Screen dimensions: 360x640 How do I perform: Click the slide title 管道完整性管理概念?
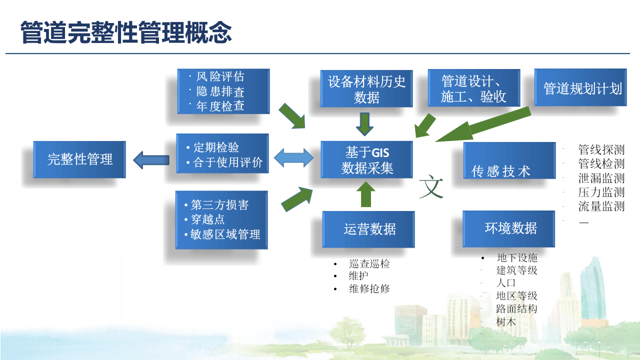(126, 32)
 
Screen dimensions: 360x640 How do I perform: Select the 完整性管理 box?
(79, 159)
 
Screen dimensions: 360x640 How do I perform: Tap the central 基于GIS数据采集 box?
(366, 160)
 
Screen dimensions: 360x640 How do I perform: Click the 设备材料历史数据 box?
(366, 88)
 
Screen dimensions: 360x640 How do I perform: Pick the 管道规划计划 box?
(580, 87)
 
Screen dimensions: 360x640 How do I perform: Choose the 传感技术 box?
(509, 160)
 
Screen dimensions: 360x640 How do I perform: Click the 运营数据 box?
(368, 229)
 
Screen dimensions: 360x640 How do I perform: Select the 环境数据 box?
(509, 228)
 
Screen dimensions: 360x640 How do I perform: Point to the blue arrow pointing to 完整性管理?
(151, 160)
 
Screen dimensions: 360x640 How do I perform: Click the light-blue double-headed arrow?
(294, 158)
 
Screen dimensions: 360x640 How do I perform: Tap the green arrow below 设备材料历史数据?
(364, 123)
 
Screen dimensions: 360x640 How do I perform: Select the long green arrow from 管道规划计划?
(482, 125)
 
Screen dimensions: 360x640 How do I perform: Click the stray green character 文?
(431, 186)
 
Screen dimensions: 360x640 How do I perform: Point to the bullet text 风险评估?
(220, 76)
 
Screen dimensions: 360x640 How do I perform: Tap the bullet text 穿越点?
(207, 219)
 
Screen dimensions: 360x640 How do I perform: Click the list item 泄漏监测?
(601, 178)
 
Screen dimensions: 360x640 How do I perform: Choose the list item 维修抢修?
(369, 288)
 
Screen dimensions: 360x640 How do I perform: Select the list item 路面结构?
(516, 309)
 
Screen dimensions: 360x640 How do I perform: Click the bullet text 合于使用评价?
(227, 162)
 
